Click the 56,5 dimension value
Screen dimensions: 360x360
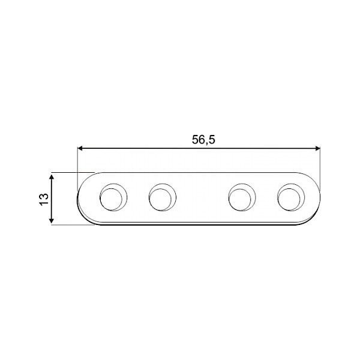point(203,140)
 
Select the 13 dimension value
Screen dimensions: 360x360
point(43,200)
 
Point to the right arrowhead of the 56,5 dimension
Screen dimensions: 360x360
point(317,148)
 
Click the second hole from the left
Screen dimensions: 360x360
point(161,197)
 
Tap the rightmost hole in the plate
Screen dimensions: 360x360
point(289,197)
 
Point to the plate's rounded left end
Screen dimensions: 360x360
point(82,199)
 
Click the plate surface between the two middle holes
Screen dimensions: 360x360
point(201,199)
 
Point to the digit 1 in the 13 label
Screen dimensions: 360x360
point(43,203)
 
